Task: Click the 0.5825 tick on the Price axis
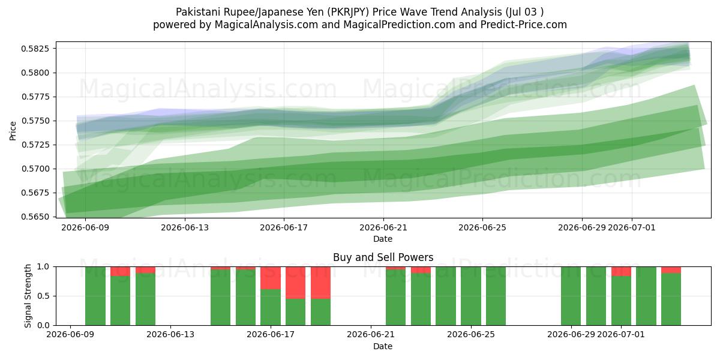pyautogui.click(x=35, y=49)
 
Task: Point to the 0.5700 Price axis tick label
pyautogui.click(x=35, y=169)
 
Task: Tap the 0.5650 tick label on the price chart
pyautogui.click(x=35, y=217)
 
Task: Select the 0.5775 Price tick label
pyautogui.click(x=35, y=97)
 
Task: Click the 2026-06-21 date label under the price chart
pyautogui.click(x=383, y=228)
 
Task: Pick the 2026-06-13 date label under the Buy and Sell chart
pyautogui.click(x=170, y=335)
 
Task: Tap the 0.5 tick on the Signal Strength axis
pyautogui.click(x=43, y=296)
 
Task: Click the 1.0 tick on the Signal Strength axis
pyautogui.click(x=43, y=267)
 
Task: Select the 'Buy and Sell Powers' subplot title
pyautogui.click(x=383, y=257)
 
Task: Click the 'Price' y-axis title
pyautogui.click(x=13, y=131)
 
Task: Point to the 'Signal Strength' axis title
pyautogui.click(x=28, y=296)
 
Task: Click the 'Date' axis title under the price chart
pyautogui.click(x=383, y=239)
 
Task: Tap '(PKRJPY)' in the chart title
pyautogui.click(x=347, y=12)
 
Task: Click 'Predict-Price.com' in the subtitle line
pyautogui.click(x=524, y=25)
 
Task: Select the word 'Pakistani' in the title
pyautogui.click(x=195, y=12)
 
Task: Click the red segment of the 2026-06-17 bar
pyautogui.click(x=271, y=278)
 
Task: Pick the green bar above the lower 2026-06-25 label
pyautogui.click(x=471, y=296)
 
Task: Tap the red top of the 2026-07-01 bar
pyautogui.click(x=621, y=271)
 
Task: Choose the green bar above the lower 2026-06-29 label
pyautogui.click(x=571, y=296)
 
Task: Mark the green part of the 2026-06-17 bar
pyautogui.click(x=271, y=307)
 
